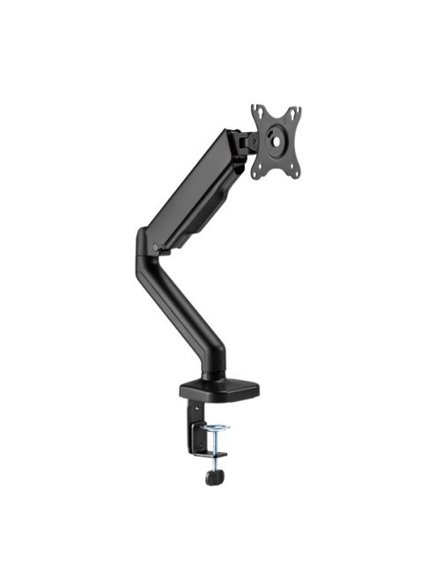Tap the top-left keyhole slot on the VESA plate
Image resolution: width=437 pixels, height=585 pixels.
point(258,111)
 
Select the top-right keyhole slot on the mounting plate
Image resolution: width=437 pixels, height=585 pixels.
point(294,115)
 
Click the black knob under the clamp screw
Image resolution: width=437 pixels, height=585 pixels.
point(212,477)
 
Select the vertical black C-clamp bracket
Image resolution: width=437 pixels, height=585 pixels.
point(193,423)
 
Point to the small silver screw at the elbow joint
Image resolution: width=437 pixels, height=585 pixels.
point(156,248)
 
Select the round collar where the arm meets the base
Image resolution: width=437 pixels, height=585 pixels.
point(214,375)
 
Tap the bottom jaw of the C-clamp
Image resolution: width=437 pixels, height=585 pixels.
point(211,455)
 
